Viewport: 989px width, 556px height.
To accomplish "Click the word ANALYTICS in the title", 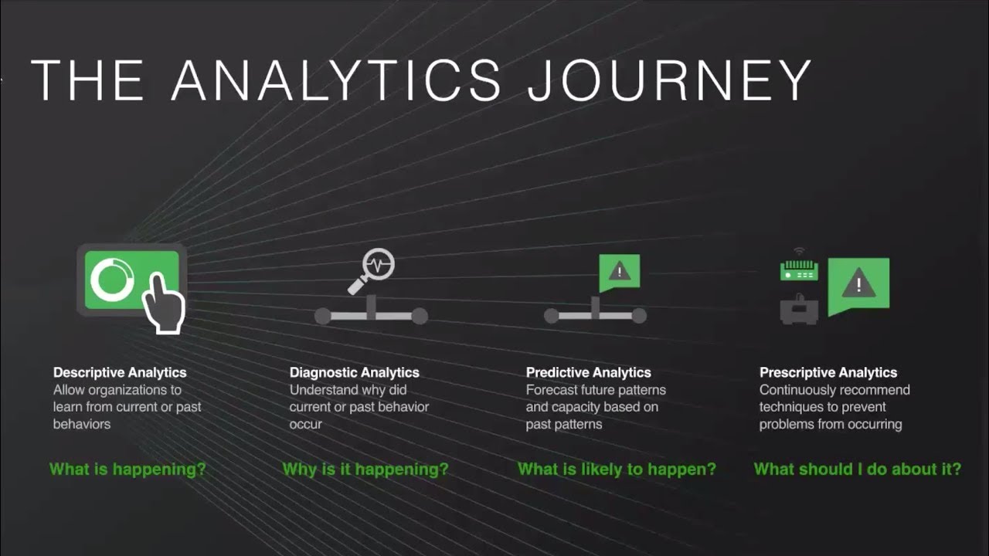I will [337, 80].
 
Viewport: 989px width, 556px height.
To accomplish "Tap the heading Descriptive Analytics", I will [120, 373].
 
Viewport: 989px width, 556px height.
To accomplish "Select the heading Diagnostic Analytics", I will [355, 373].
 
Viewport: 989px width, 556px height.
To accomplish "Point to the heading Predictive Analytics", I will [589, 373].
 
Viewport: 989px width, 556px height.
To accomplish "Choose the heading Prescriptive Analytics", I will [828, 373].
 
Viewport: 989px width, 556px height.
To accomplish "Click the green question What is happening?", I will [128, 469].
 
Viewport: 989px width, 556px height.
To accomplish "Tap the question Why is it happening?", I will [365, 469].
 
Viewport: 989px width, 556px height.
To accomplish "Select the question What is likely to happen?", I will [617, 469].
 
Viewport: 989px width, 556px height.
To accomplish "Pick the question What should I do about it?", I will [858, 469].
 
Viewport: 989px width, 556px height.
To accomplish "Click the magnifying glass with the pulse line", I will [374, 270].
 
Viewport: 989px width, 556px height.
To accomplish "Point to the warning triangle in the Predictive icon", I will [620, 271].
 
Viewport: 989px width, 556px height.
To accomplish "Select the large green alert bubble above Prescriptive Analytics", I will [858, 285].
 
